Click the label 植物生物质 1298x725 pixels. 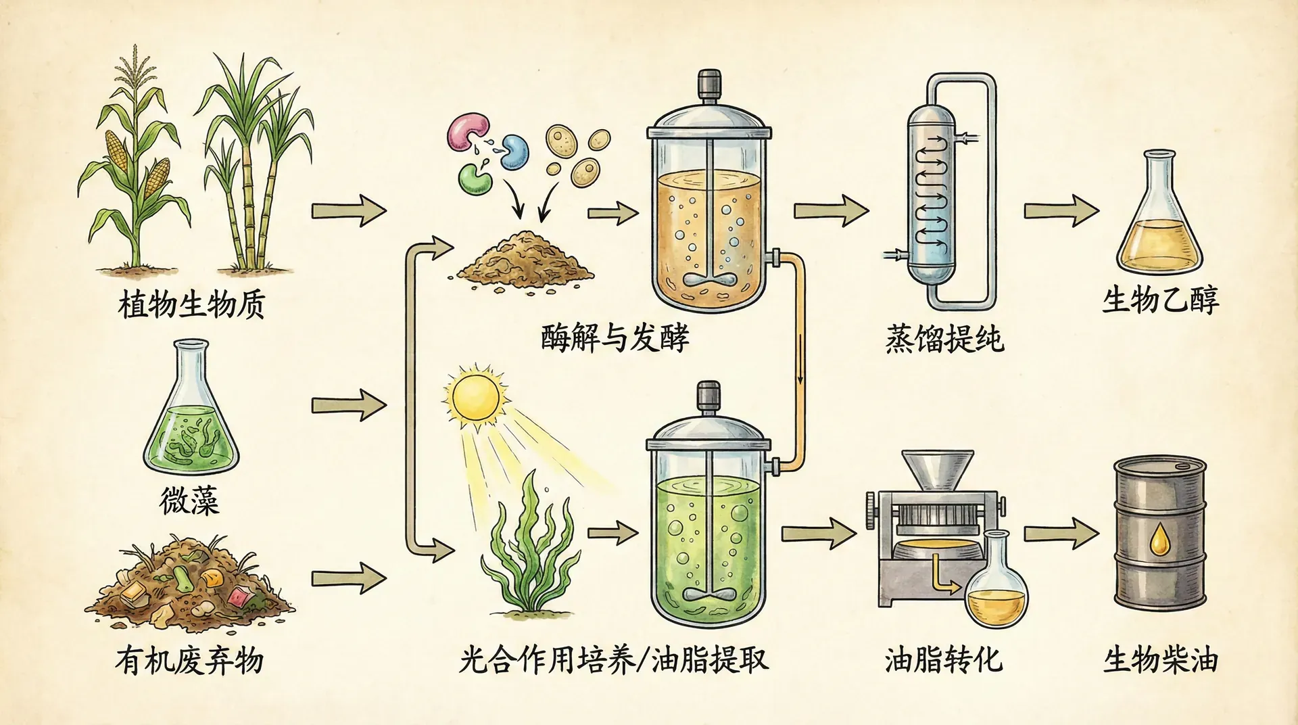(191, 305)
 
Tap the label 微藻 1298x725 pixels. (189, 501)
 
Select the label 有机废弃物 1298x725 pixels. (189, 660)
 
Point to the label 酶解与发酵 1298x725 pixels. (615, 337)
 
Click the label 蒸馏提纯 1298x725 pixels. (944, 339)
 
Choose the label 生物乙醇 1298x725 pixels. (1160, 300)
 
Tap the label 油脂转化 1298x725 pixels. (944, 660)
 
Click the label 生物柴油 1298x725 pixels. (1160, 660)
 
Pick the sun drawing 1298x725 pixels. (475, 397)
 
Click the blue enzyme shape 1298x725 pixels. (515, 151)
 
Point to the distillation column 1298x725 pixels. (932, 196)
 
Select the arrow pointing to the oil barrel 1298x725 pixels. (1060, 534)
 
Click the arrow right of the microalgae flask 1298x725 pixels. (347, 406)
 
